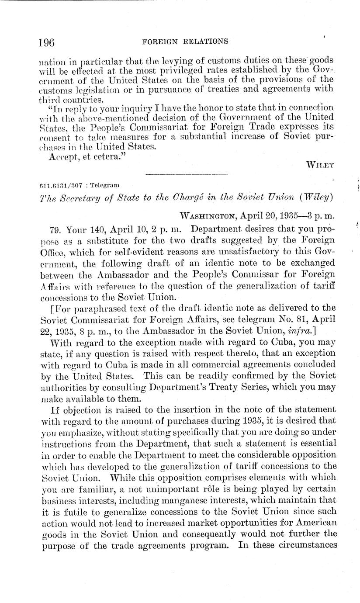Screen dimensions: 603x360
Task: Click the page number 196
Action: (x=45, y=43)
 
